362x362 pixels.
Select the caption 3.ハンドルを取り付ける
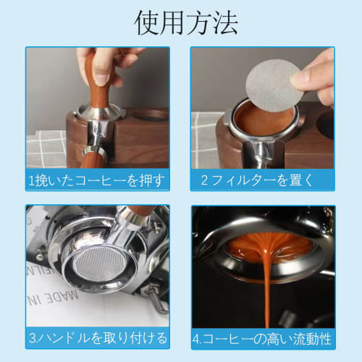[98, 337]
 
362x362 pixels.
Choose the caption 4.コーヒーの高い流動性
[264, 337]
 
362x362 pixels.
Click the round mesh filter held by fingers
[273, 85]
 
